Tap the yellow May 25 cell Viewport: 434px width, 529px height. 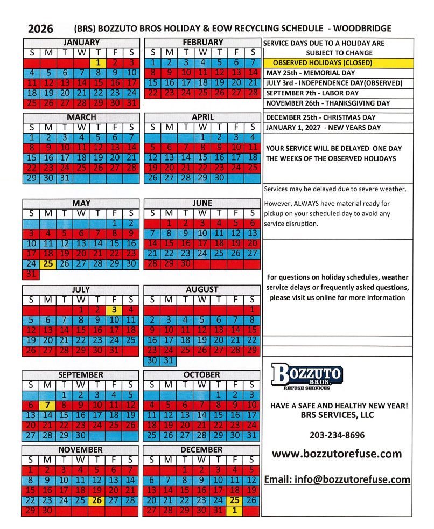tap(48, 264)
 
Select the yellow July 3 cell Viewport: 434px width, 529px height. tap(114, 310)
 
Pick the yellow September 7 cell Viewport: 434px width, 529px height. tap(48, 405)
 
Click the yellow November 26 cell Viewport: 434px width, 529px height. tap(97, 500)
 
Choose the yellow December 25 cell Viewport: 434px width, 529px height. tap(234, 500)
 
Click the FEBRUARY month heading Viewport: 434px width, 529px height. tap(202, 43)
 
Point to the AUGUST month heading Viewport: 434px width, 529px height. tap(202, 289)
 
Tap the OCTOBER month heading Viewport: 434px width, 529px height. tap(202, 374)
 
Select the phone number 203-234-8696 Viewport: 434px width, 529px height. tap(337, 435)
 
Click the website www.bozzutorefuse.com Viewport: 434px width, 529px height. tap(337, 454)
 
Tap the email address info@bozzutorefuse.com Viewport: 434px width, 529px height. tap(337, 479)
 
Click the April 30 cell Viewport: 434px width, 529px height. tap(219, 178)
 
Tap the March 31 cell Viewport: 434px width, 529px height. tap(65, 178)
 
